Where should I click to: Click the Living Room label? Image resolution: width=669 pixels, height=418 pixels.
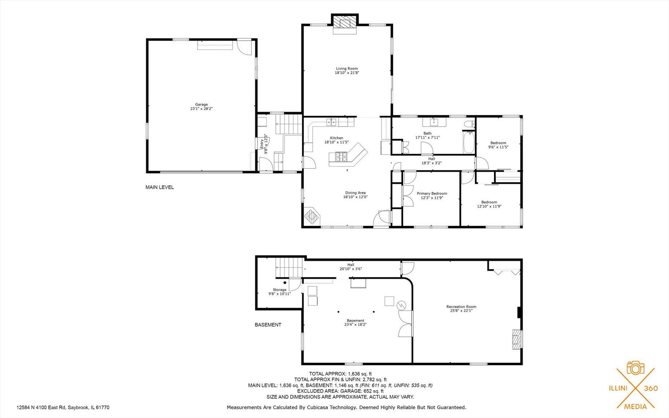(x=347, y=69)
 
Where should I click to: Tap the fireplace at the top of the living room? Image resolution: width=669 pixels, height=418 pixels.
(x=344, y=22)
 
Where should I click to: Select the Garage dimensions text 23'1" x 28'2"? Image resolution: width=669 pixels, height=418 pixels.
(x=201, y=109)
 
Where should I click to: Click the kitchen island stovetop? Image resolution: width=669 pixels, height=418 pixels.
(x=341, y=157)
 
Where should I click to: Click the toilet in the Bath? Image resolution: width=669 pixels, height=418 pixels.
(x=469, y=124)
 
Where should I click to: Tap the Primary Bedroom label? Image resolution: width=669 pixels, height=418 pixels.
(x=432, y=194)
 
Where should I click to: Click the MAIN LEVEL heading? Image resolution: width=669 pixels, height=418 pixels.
(x=159, y=187)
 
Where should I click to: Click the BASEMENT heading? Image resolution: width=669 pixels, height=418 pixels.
(x=268, y=325)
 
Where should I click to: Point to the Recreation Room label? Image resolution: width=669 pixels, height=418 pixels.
(x=461, y=307)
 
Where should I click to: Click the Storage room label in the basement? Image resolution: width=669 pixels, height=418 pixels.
(x=279, y=290)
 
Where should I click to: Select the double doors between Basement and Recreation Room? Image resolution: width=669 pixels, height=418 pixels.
(x=405, y=324)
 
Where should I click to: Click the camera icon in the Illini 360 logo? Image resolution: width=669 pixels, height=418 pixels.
(x=635, y=368)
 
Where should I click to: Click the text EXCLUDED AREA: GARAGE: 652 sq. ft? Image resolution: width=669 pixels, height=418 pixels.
(x=340, y=391)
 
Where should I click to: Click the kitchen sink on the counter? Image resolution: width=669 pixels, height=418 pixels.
(x=332, y=123)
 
